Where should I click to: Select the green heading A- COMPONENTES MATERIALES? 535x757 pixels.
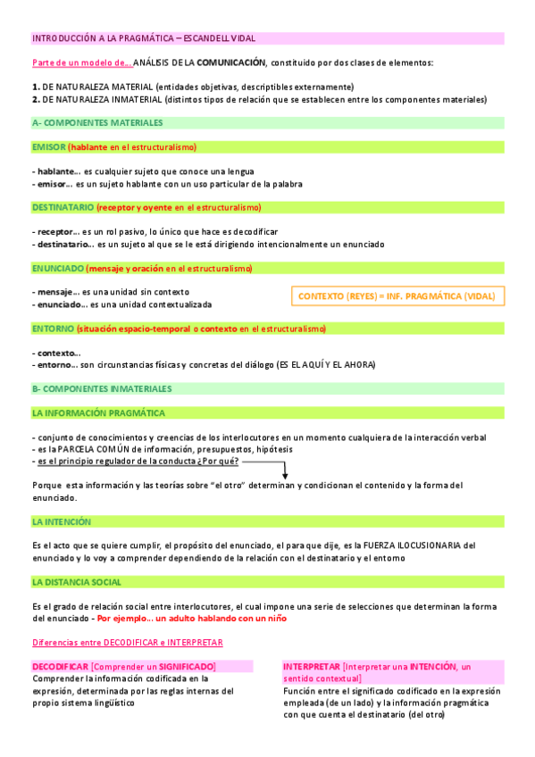point(96,122)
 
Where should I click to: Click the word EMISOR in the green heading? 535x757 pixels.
point(48,146)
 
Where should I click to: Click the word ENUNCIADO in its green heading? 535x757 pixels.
point(58,268)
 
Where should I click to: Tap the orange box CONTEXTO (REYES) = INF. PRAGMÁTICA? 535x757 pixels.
point(398,295)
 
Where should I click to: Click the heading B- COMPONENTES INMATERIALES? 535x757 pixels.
point(101,389)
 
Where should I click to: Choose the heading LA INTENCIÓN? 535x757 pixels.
point(62,521)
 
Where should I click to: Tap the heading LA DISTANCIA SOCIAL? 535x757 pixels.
point(77,582)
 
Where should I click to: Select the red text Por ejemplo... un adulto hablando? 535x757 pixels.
point(192,618)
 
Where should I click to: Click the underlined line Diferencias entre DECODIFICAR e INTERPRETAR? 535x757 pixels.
point(127,643)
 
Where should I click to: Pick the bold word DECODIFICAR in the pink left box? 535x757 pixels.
point(60,667)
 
